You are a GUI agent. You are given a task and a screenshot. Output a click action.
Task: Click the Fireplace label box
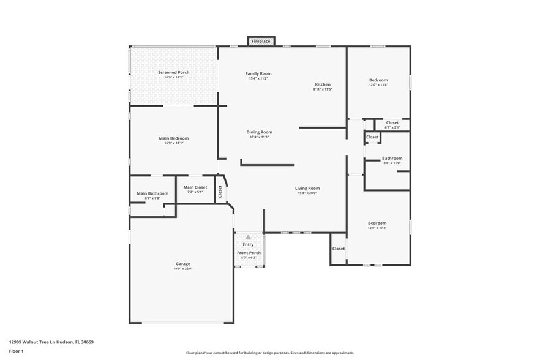[x=261, y=42]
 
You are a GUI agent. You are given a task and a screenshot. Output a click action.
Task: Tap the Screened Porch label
[x=173, y=72]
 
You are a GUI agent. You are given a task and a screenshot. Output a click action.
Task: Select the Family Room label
[x=258, y=73]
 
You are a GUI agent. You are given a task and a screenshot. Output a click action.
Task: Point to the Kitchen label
[x=323, y=84]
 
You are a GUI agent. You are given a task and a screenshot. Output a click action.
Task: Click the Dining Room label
[x=259, y=132]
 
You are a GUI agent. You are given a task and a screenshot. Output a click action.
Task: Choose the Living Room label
[x=307, y=189]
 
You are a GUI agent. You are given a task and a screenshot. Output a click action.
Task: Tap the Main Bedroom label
[x=174, y=138]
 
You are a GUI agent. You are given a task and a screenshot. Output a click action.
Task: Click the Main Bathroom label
[x=152, y=193]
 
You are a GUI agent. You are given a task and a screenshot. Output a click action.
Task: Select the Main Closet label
[x=195, y=187]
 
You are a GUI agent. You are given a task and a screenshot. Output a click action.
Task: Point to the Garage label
[x=182, y=264]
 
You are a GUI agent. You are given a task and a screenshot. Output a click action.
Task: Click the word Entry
[x=248, y=245]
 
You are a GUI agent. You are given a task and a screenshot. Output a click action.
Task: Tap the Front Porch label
[x=249, y=253]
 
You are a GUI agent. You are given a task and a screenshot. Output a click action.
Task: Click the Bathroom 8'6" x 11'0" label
[x=392, y=159]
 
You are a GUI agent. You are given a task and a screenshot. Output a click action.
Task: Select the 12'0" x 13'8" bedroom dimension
[x=378, y=85]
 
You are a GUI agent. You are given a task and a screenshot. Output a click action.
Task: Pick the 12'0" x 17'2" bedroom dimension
[x=377, y=228]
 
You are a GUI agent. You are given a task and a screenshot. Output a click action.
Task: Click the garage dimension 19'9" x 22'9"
[x=182, y=269]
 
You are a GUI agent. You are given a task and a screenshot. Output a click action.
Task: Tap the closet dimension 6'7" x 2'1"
[x=392, y=127]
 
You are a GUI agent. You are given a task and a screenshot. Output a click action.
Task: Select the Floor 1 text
[x=17, y=351]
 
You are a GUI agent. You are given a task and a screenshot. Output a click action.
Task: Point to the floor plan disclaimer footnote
[x=269, y=353]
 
